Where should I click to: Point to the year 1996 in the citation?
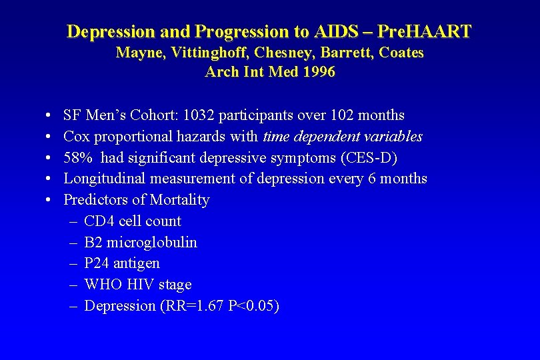(318, 72)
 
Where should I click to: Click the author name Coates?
(401, 53)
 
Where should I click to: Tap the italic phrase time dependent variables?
(343, 137)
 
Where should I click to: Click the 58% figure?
(77, 157)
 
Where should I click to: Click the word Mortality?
(179, 200)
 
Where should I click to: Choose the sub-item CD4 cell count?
(133, 221)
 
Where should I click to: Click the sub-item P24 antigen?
(122, 263)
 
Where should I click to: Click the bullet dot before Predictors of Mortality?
(51, 201)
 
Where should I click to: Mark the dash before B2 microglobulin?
(73, 242)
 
